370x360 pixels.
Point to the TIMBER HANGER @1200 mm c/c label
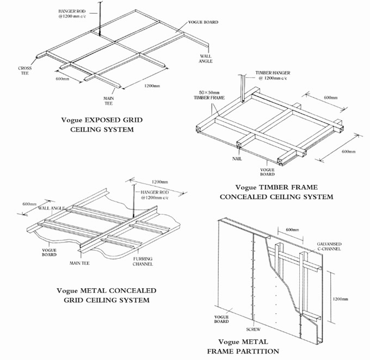pyautogui.click(x=276, y=76)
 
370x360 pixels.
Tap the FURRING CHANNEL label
pyautogui.click(x=143, y=262)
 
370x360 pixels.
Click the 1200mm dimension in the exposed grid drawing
pyautogui.click(x=152, y=86)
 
